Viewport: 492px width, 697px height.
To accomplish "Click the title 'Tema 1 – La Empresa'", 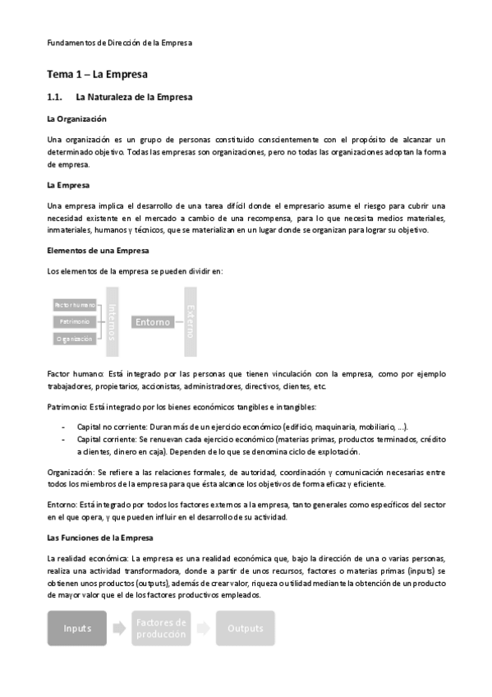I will [97, 74].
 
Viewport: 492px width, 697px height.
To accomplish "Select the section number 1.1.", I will [57, 98].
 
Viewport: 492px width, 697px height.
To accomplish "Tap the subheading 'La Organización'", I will [77, 119].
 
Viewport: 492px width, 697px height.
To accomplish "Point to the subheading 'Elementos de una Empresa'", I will [97, 250].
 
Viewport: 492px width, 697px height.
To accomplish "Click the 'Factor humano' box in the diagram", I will [75, 304].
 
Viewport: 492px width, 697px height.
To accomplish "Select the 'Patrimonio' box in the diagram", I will [75, 321].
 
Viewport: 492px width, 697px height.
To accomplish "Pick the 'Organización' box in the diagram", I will [75, 339].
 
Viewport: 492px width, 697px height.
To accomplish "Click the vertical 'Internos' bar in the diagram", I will [113, 321].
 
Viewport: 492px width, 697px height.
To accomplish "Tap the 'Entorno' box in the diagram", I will [153, 321].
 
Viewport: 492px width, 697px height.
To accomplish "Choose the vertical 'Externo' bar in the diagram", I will [191, 321].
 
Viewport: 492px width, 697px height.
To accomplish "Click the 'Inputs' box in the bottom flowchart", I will [77, 628].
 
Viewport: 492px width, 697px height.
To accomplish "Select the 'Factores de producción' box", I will [162, 628].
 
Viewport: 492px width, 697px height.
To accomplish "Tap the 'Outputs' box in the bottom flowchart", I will [246, 628].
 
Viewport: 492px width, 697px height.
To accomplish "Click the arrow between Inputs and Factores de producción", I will [120, 628].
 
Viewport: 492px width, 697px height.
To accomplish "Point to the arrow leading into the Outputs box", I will [204, 628].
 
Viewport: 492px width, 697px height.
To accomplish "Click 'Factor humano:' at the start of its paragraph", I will [75, 373].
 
